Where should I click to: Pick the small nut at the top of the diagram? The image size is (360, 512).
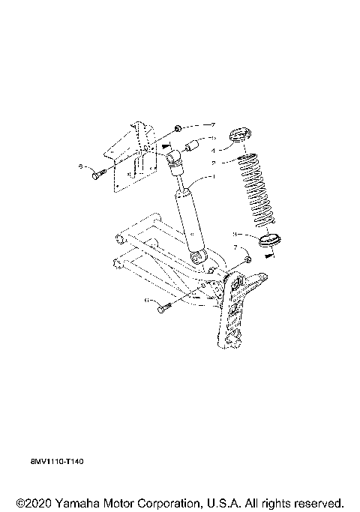(178, 127)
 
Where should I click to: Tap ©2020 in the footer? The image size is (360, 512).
(30, 501)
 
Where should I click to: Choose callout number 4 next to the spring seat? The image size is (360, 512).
(213, 151)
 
